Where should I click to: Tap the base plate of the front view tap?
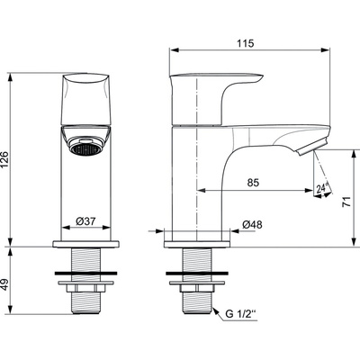pyautogui.click(x=87, y=244)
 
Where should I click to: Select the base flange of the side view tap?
pyautogui.click(x=195, y=244)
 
